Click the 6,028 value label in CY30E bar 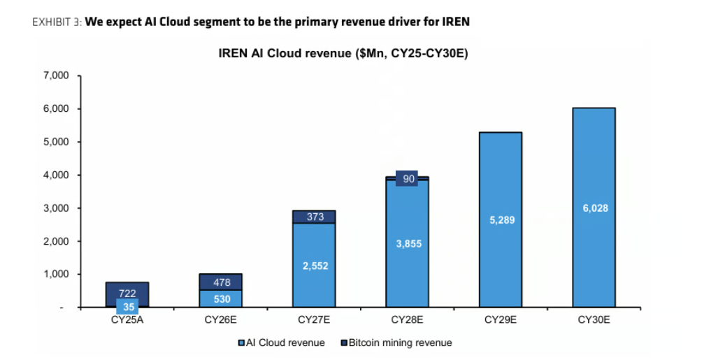click(595, 208)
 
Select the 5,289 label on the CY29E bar click(502, 220)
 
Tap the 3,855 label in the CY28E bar click(409, 243)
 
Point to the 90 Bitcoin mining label click(407, 179)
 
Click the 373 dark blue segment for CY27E click(314, 217)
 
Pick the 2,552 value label click(315, 266)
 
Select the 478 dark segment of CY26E click(221, 282)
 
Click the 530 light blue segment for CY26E click(221, 298)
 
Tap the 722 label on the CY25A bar click(127, 294)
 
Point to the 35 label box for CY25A click(127, 307)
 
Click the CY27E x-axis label click(314, 320)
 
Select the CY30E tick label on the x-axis click(594, 320)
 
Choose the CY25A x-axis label click(127, 320)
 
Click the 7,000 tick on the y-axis click(57, 75)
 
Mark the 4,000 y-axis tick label click(57, 175)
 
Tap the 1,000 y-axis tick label click(57, 275)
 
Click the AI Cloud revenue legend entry click(282, 343)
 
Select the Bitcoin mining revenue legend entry click(396, 343)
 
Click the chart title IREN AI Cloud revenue click(343, 53)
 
